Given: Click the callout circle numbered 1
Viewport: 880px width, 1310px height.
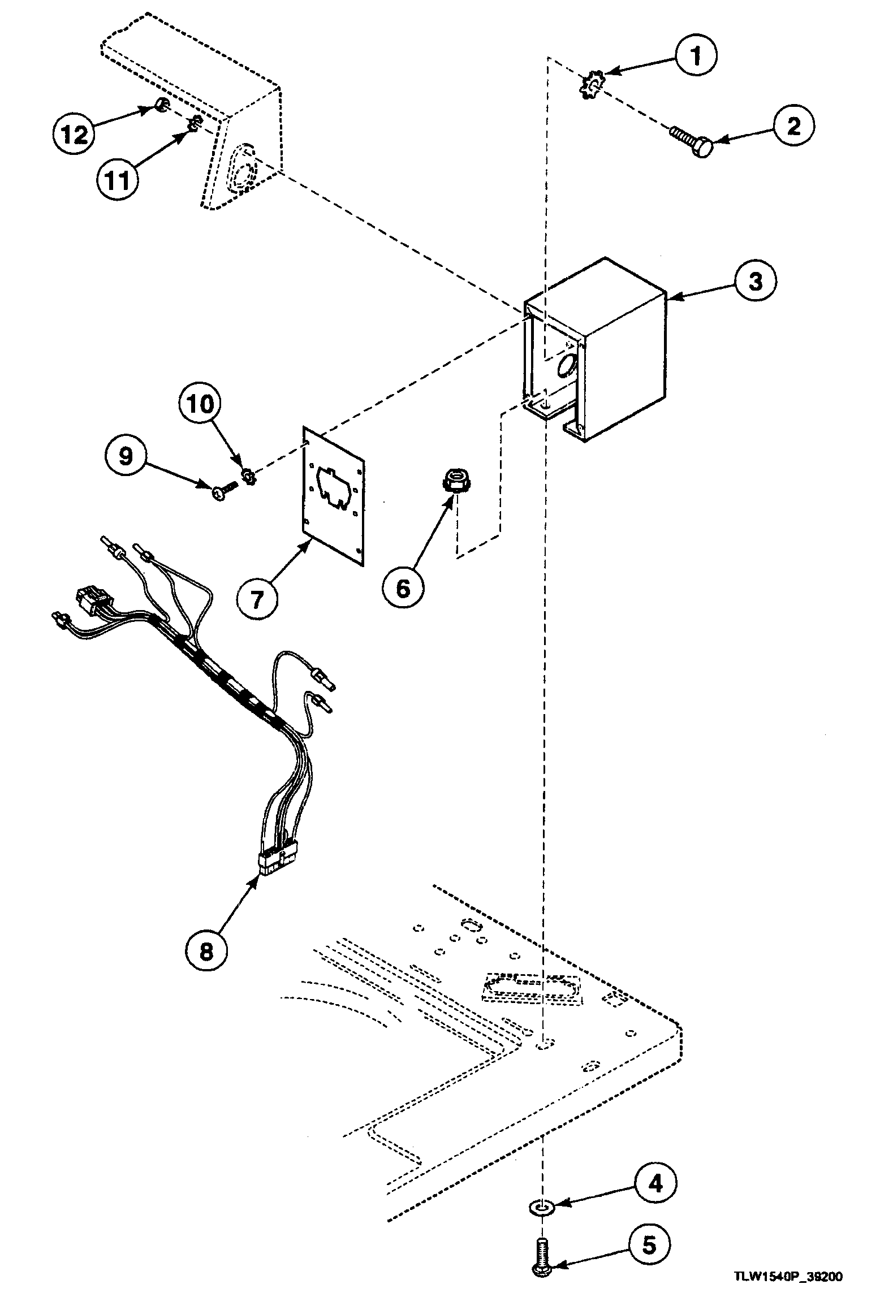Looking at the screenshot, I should click(x=696, y=56).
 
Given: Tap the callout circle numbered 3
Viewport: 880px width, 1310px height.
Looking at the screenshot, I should click(x=756, y=281).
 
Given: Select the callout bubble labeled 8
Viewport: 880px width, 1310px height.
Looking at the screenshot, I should click(x=206, y=952).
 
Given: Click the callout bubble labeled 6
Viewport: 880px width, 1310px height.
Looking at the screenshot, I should click(x=402, y=589).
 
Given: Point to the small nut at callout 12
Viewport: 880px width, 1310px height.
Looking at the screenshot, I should click(x=161, y=104).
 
